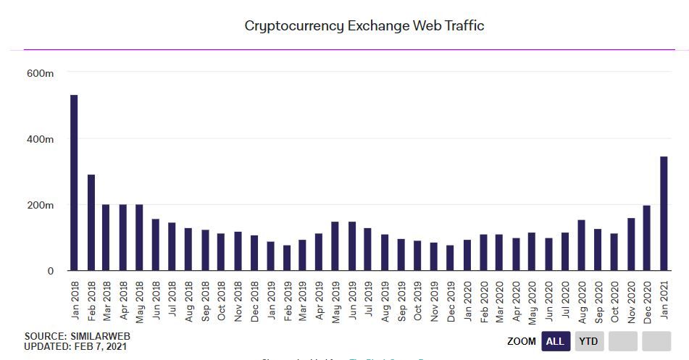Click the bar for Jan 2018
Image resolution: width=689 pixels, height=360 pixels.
[x=74, y=183]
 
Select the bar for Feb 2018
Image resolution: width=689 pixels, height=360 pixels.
[x=91, y=222]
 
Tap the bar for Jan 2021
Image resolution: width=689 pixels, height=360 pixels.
[x=663, y=214]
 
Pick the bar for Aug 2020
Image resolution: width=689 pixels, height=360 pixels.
[x=581, y=246]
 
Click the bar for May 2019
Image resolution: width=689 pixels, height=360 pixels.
[x=335, y=246]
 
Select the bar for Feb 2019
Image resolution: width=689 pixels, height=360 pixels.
[x=286, y=258]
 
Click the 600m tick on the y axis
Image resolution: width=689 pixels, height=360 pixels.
[x=40, y=72]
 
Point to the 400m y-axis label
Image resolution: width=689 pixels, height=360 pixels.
[x=40, y=139]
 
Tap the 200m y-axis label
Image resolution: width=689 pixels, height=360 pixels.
[x=40, y=205]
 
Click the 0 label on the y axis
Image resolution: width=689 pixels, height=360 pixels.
[x=50, y=271]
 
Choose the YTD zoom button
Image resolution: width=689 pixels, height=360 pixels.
[x=590, y=341]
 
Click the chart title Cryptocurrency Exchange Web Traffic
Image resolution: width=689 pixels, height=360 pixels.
[x=364, y=26]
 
